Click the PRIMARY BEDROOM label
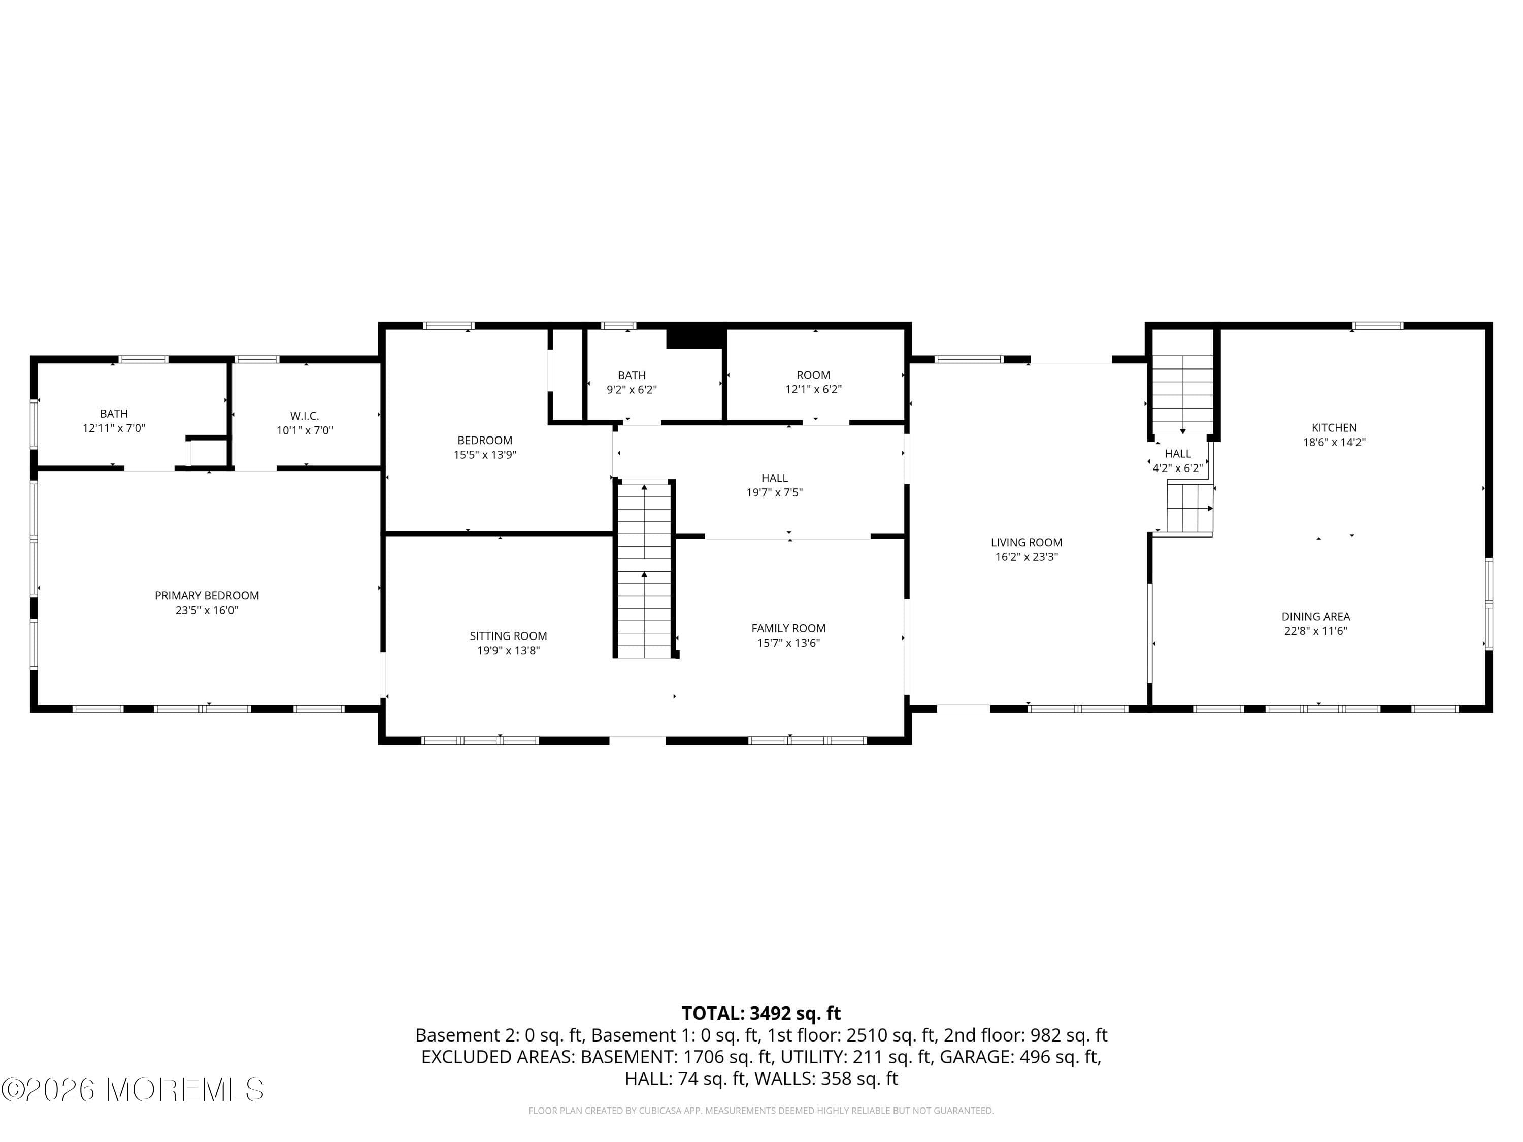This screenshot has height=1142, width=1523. point(207,595)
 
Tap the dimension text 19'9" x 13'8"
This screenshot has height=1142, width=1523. point(508,651)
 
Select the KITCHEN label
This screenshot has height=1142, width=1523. point(1334,427)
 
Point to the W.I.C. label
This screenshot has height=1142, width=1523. point(304,416)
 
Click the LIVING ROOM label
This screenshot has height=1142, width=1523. point(1026,543)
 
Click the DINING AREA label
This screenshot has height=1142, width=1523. point(1315,617)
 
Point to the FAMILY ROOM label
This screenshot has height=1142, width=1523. point(788,628)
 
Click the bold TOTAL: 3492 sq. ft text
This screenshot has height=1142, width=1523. point(761,1013)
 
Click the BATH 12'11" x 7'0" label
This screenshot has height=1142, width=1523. point(114,421)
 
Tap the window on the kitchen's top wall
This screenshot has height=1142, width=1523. point(1377,326)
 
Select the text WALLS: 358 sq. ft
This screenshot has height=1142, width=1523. point(825,1079)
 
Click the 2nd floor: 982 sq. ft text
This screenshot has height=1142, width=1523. point(1024,1035)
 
